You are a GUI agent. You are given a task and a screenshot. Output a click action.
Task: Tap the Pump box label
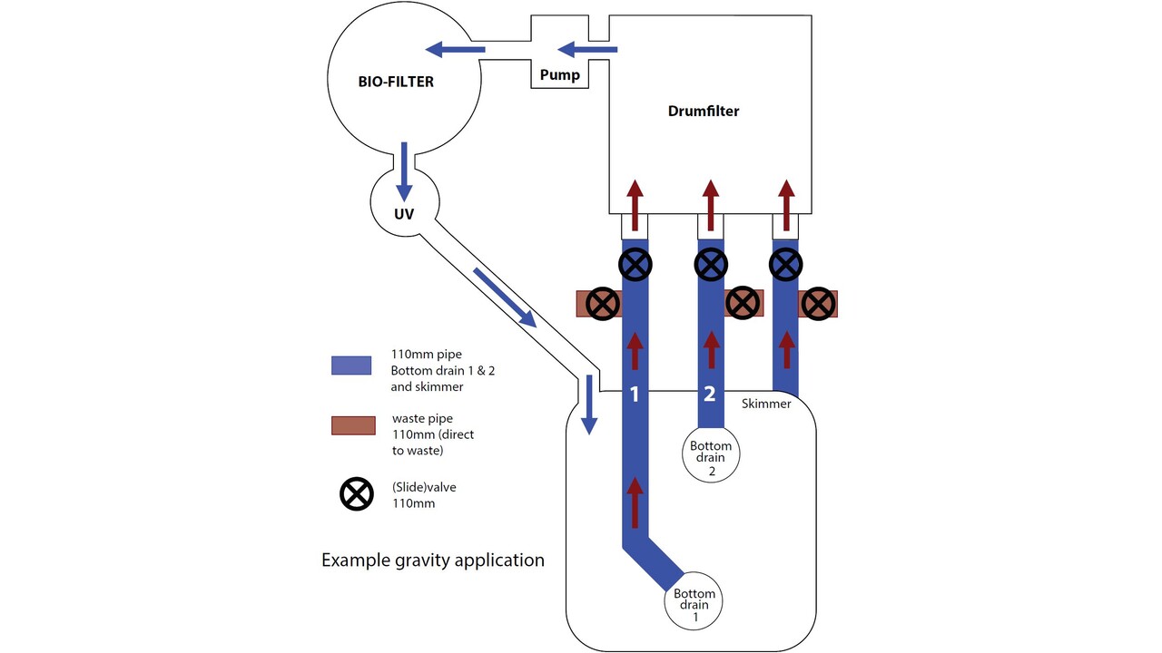tap(559, 74)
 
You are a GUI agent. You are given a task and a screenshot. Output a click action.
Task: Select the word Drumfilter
tap(704, 112)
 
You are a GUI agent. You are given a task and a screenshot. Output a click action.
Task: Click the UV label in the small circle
tap(405, 215)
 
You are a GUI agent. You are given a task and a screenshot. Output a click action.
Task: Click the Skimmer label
tap(766, 404)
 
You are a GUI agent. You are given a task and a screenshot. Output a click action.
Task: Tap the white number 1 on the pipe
tap(635, 395)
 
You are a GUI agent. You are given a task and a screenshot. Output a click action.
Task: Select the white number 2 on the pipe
tap(710, 395)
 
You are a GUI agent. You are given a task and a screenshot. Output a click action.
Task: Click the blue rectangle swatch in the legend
tap(351, 365)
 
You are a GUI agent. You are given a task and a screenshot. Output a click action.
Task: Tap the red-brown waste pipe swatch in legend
tap(351, 424)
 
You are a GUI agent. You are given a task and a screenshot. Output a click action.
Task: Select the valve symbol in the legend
tap(356, 494)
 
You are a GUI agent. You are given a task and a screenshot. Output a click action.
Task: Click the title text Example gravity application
tap(433, 560)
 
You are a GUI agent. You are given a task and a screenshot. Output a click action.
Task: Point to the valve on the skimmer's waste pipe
tap(818, 304)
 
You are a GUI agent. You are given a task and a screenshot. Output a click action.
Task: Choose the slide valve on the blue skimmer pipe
tap(786, 265)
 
